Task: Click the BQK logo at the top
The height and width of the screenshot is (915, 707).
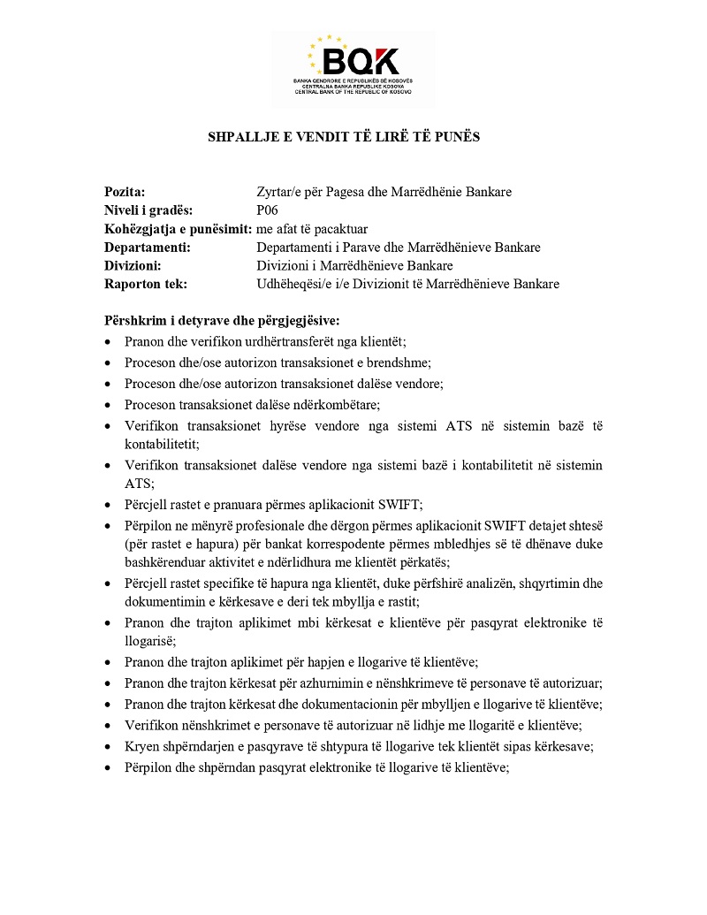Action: coord(353,65)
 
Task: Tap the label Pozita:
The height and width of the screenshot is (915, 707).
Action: coord(125,192)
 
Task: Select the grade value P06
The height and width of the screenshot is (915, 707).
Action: coord(267,210)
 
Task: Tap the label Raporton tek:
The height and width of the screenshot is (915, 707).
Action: coord(146,285)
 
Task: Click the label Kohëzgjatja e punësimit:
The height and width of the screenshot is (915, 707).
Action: coord(177,229)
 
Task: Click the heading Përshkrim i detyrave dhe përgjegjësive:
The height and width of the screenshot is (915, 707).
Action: coord(222,321)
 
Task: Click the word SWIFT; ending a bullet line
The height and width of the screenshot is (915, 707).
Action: coord(403,505)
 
